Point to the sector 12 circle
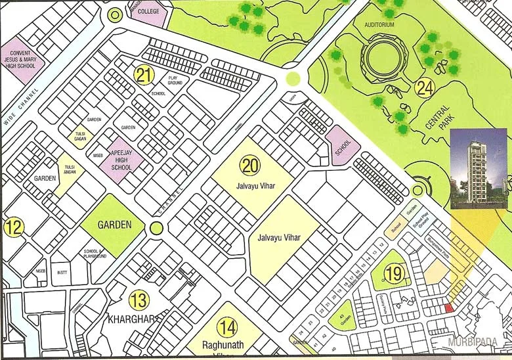point(14,228)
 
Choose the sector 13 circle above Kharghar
point(139,300)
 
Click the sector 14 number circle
point(227,326)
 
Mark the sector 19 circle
point(393,274)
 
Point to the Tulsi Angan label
point(70,170)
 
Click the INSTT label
point(62,271)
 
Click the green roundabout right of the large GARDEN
point(156,228)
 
